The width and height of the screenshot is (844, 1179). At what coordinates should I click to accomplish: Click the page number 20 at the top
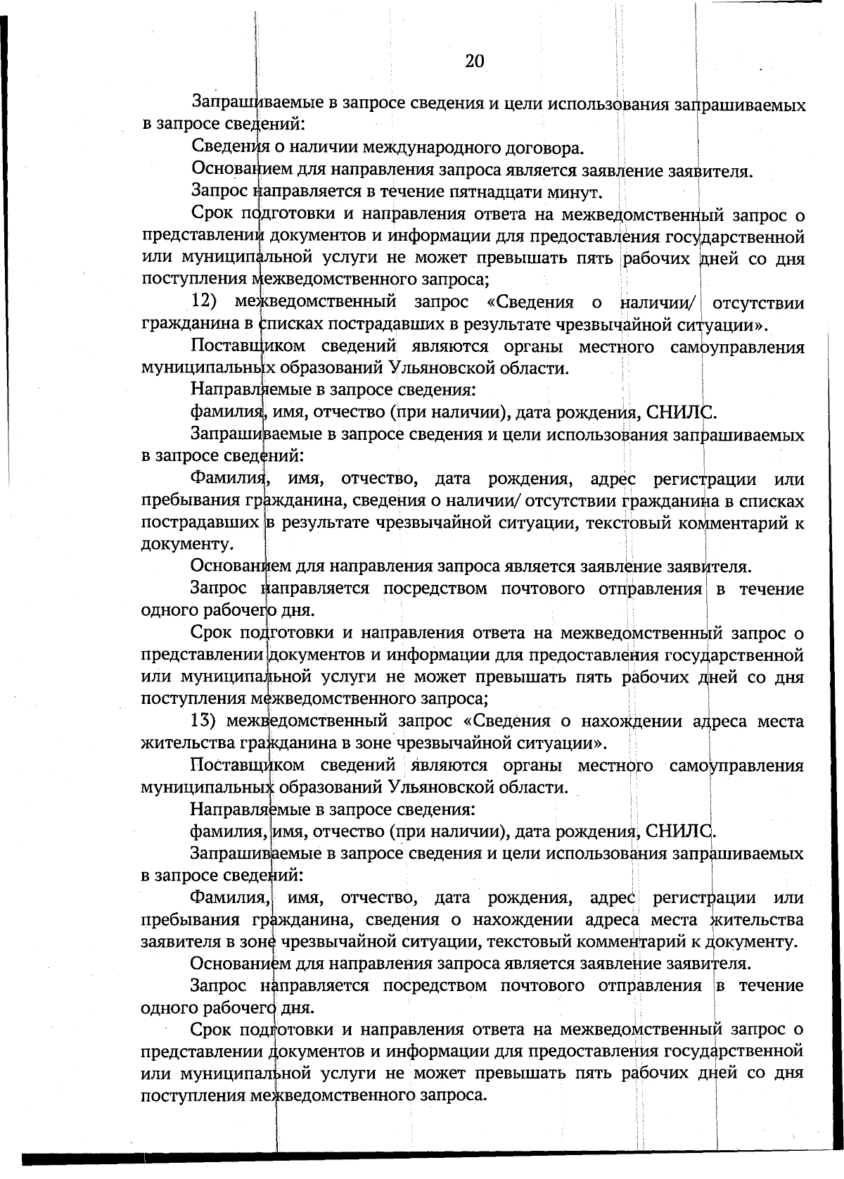click(475, 61)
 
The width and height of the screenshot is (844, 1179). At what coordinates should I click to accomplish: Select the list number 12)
click(207, 303)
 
